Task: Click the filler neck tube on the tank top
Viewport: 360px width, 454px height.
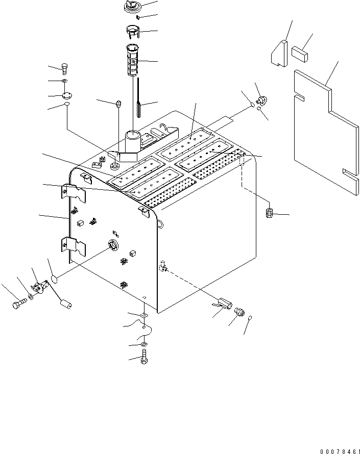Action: (134, 140)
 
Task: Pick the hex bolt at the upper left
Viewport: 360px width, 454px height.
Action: (65, 69)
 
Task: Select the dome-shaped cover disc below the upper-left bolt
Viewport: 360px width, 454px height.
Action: (67, 95)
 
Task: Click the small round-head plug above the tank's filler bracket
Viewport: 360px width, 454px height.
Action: (118, 104)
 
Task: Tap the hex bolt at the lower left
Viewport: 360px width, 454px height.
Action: (18, 305)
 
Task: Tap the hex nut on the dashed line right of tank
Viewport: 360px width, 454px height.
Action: (270, 212)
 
